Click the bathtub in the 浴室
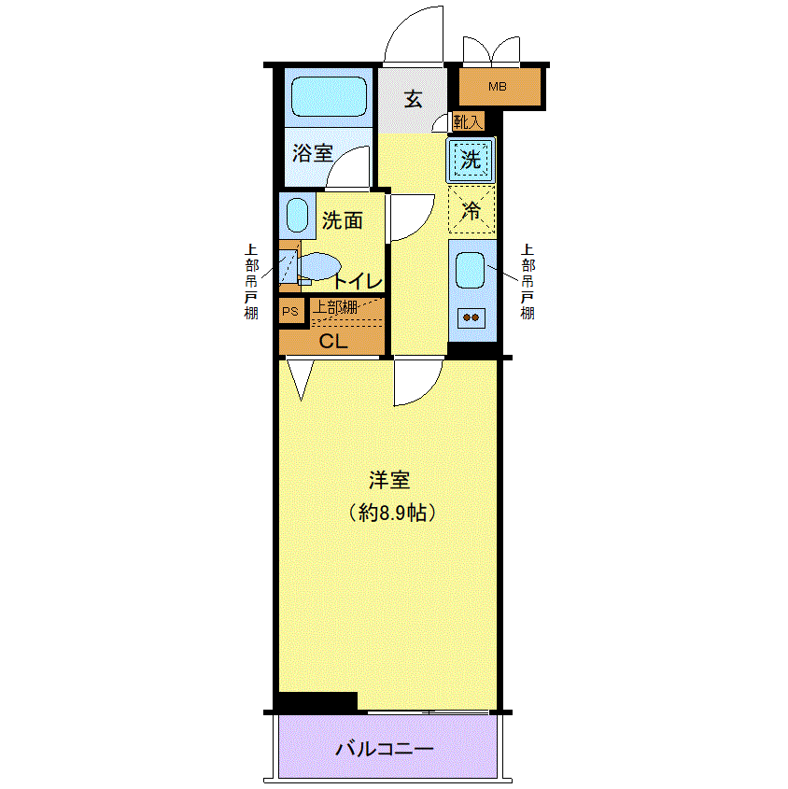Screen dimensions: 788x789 tap(329, 96)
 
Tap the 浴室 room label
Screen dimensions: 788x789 tap(313, 153)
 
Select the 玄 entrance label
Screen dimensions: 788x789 tap(413, 99)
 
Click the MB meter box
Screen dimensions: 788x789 tap(500, 87)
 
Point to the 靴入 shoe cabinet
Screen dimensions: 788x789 tap(468, 121)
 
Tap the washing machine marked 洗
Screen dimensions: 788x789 tap(471, 160)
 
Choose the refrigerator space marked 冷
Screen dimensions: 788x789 tap(471, 210)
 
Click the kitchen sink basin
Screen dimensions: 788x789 tap(470, 270)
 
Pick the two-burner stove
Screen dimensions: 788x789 tap(471, 317)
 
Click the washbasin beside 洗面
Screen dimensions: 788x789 tap(297, 215)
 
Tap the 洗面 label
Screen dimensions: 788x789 tap(342, 220)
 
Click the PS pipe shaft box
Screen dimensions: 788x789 tap(291, 312)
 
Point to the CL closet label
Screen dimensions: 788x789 tap(333, 342)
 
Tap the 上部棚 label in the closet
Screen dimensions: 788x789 tap(334, 307)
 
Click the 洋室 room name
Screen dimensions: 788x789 tap(389, 480)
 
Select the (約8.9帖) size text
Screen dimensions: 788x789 tap(392, 513)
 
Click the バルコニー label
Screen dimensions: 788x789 tap(385, 749)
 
